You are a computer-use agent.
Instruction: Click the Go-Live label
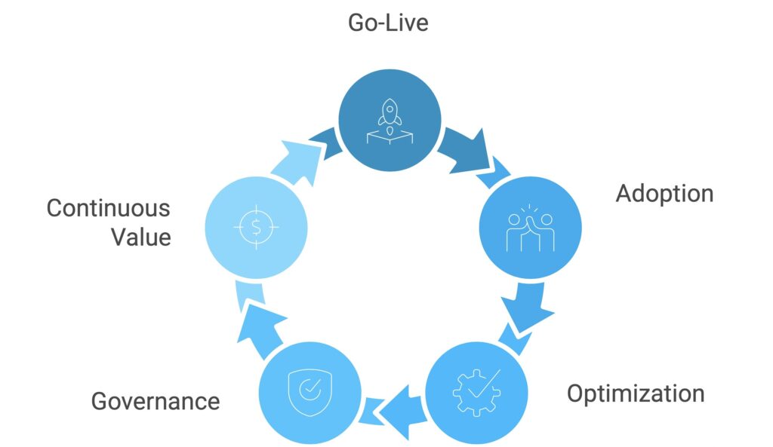(387, 23)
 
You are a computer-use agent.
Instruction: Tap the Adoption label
(664, 194)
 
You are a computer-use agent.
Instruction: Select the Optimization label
(636, 393)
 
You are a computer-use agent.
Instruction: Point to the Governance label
(156, 401)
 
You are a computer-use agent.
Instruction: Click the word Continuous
(109, 208)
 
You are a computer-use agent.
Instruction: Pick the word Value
(141, 237)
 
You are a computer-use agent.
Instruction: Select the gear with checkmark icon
(476, 390)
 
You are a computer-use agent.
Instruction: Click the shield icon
(308, 390)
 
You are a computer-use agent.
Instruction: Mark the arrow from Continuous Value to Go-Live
(302, 161)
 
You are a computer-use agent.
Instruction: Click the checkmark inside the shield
(309, 390)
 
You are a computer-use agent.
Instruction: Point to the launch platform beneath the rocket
(388, 136)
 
